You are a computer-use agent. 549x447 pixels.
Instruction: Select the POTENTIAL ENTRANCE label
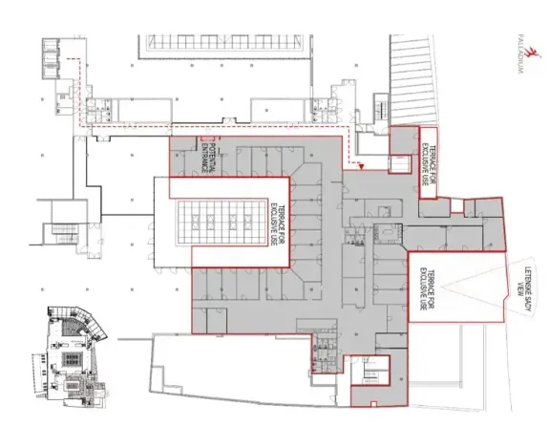point(205,155)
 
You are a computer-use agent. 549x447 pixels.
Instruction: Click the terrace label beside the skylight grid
point(275,221)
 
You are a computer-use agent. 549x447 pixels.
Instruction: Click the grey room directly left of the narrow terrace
point(401,144)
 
